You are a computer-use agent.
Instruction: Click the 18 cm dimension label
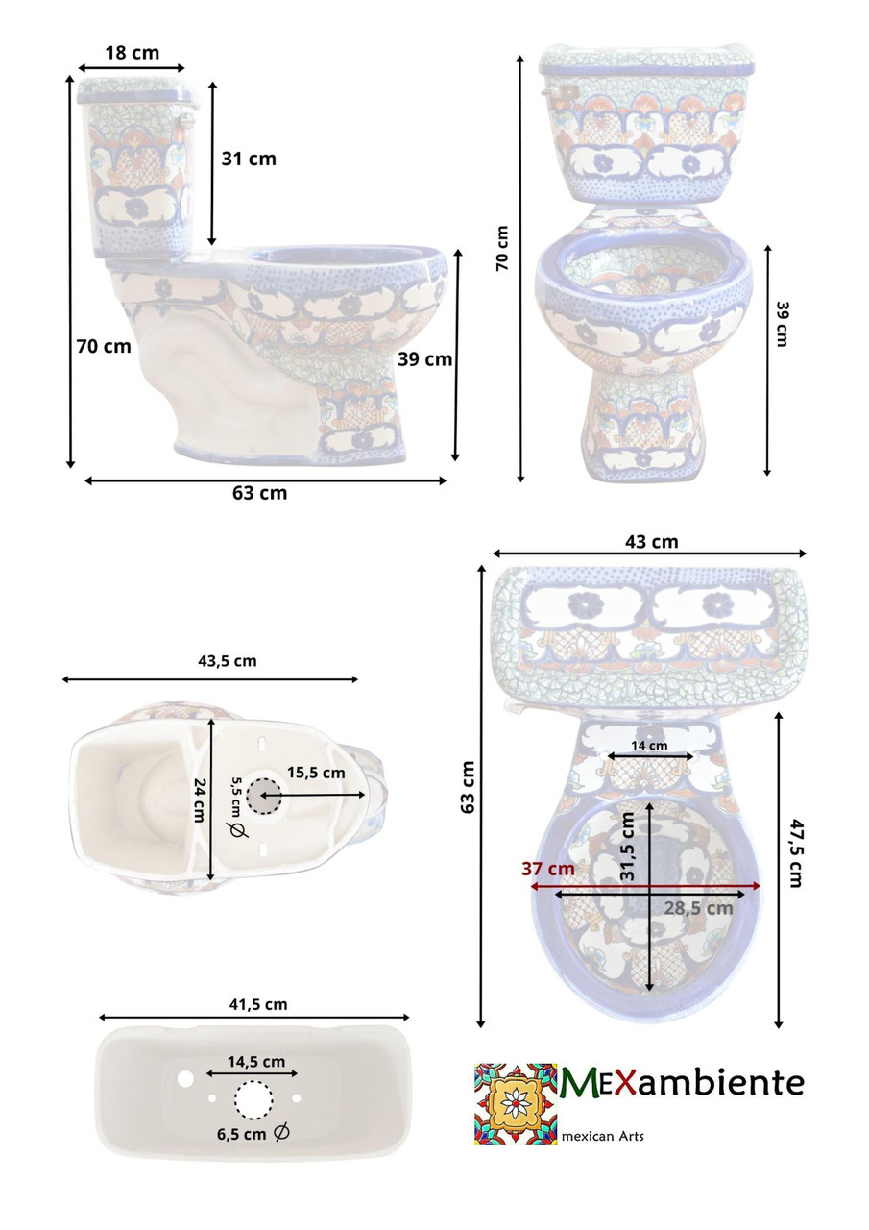[133, 53]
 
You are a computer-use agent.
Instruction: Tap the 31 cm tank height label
[249, 159]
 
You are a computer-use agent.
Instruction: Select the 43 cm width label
[652, 542]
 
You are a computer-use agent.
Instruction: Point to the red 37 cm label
[548, 869]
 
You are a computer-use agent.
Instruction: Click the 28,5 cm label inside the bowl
[698, 908]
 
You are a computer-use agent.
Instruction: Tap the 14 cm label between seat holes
[649, 745]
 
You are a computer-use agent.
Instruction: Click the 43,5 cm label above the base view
[228, 661]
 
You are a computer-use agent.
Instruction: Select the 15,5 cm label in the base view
[316, 774]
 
